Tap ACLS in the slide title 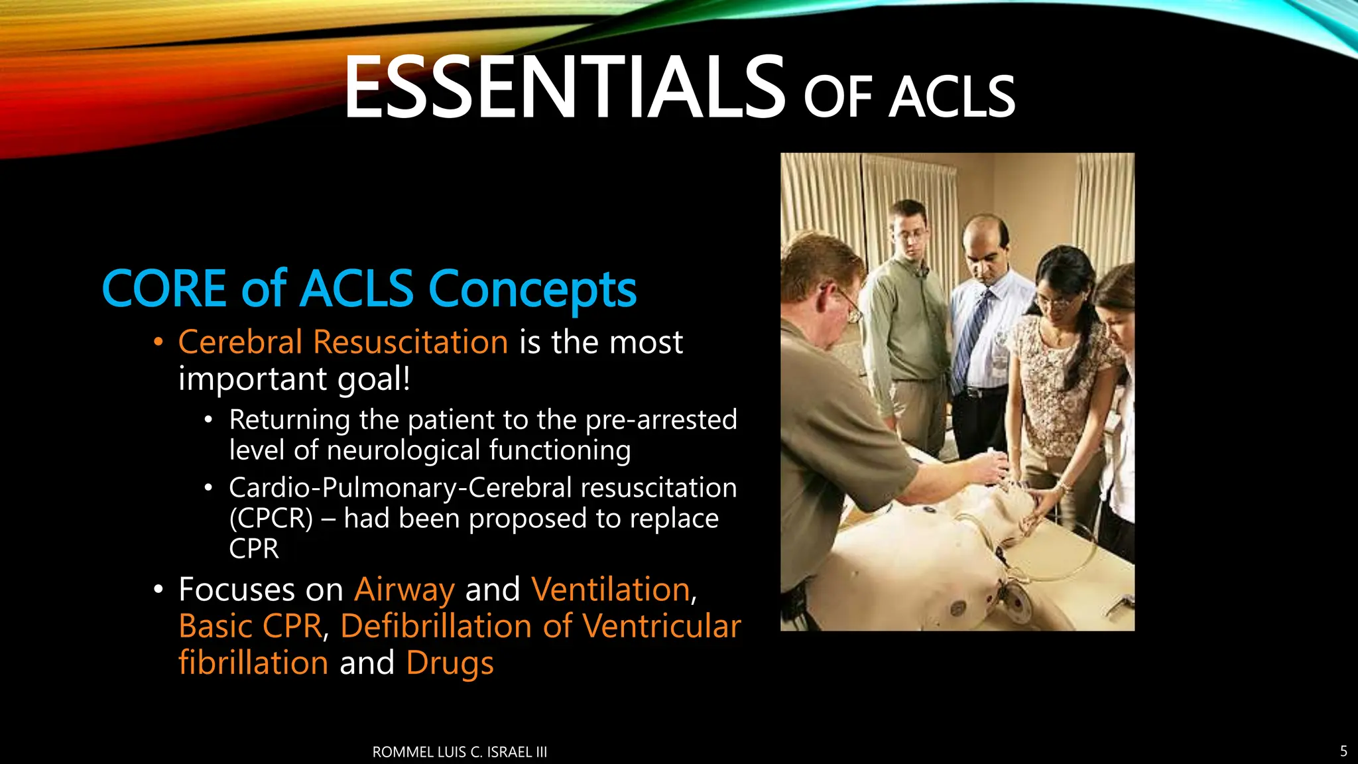pos(952,98)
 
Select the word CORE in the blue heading pos(164,289)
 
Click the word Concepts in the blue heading pos(532,290)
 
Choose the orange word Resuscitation pos(410,342)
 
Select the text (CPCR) pos(271,519)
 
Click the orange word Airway pos(404,590)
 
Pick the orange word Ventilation pos(611,590)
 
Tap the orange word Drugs pos(450,663)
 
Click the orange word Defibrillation pos(436,626)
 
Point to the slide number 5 pos(1343,751)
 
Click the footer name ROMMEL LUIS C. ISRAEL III pos(460,752)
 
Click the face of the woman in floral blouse pos(1060,298)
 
